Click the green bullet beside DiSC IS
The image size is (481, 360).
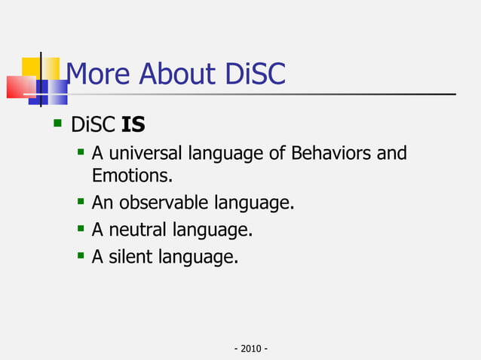[x=57, y=121]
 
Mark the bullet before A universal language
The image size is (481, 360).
[x=81, y=153]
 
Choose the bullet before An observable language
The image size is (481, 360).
[x=81, y=202]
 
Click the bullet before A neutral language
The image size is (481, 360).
[x=81, y=229]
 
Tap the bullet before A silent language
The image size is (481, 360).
[x=81, y=256]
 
